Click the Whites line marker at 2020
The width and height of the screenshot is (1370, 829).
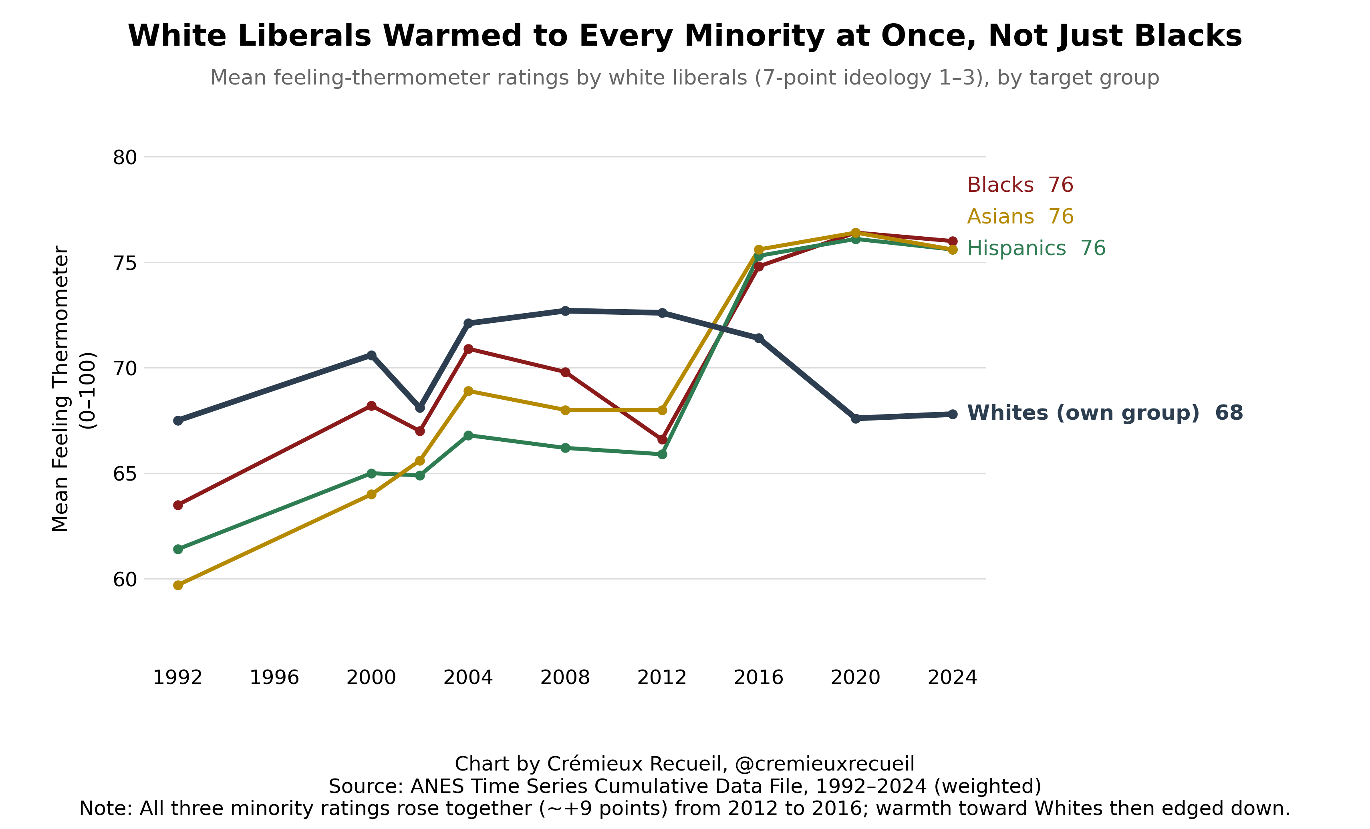pyautogui.click(x=856, y=418)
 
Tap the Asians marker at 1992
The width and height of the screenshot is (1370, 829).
pyautogui.click(x=178, y=586)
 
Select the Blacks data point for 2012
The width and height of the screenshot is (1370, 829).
pyautogui.click(x=662, y=439)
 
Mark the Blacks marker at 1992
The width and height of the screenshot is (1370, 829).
pyautogui.click(x=178, y=505)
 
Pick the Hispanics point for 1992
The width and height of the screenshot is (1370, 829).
pyautogui.click(x=178, y=549)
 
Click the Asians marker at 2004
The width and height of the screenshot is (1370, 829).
pyautogui.click(x=468, y=391)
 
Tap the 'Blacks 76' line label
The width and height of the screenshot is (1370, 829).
pyautogui.click(x=1020, y=185)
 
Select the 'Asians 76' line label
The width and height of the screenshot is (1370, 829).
pyautogui.click(x=1020, y=216)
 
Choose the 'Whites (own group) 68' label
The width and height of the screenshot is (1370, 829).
pyautogui.click(x=1105, y=413)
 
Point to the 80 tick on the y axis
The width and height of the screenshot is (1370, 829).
pyautogui.click(x=125, y=158)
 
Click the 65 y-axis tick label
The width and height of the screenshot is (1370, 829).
pyautogui.click(x=125, y=474)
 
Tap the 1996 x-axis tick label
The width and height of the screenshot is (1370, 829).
pyautogui.click(x=275, y=678)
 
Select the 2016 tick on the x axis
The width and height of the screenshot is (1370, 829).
pyautogui.click(x=758, y=678)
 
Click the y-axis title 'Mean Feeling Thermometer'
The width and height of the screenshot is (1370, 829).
pyautogui.click(x=60, y=389)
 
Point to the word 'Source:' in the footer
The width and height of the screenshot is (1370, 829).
pyautogui.click(x=367, y=786)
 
